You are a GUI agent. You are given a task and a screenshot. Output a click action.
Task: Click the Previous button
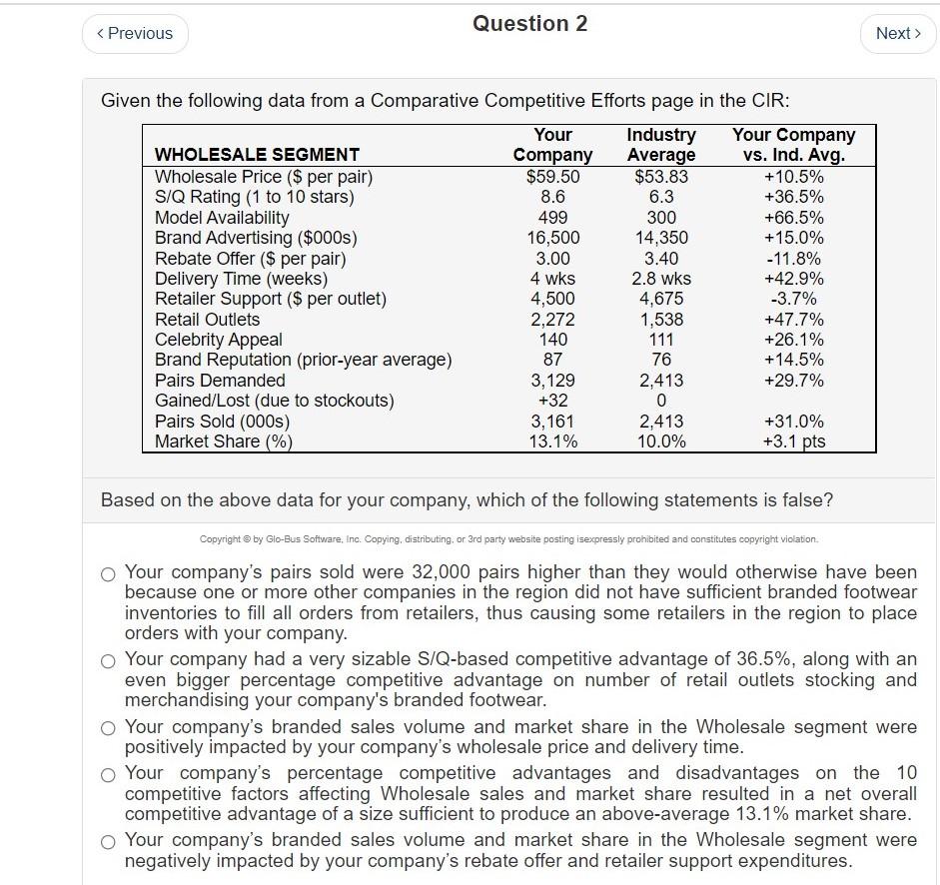click(134, 33)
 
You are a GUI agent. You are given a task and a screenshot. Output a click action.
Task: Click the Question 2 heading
click(529, 24)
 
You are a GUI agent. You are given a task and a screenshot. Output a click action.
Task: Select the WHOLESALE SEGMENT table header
click(257, 154)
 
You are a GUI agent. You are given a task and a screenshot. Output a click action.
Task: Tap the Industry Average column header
click(660, 144)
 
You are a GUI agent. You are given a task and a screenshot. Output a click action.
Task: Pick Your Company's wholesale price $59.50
click(552, 177)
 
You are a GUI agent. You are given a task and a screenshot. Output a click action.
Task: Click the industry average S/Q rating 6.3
click(660, 197)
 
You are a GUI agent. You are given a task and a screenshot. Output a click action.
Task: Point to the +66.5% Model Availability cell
click(793, 218)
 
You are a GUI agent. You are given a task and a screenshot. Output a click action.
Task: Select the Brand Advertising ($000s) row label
click(256, 238)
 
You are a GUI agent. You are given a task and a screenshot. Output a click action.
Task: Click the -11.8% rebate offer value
click(793, 259)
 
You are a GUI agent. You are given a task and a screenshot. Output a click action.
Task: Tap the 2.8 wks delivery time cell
click(660, 279)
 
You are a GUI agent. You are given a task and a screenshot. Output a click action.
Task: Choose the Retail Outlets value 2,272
click(552, 320)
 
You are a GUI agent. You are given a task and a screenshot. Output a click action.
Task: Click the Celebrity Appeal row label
click(218, 340)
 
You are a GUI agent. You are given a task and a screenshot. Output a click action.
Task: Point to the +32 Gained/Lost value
click(552, 401)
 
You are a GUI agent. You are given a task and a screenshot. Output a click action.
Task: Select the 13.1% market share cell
click(552, 442)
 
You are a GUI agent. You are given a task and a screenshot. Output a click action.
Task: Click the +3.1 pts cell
click(793, 442)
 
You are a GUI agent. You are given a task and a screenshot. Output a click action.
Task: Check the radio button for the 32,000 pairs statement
click(108, 574)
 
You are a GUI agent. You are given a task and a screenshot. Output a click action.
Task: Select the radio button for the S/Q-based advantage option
click(108, 660)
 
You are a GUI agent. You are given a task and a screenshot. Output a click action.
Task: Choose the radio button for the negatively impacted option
click(108, 841)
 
